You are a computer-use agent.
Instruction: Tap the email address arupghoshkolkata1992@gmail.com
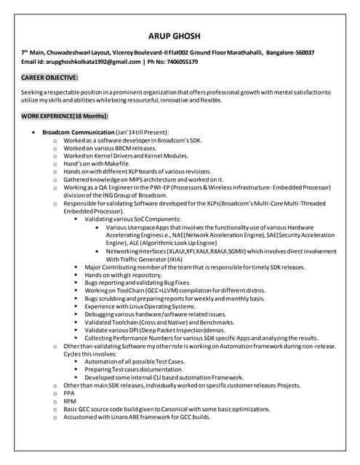click(93, 62)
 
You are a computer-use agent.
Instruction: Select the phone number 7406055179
click(178, 62)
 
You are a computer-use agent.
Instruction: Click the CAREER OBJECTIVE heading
click(50, 77)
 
